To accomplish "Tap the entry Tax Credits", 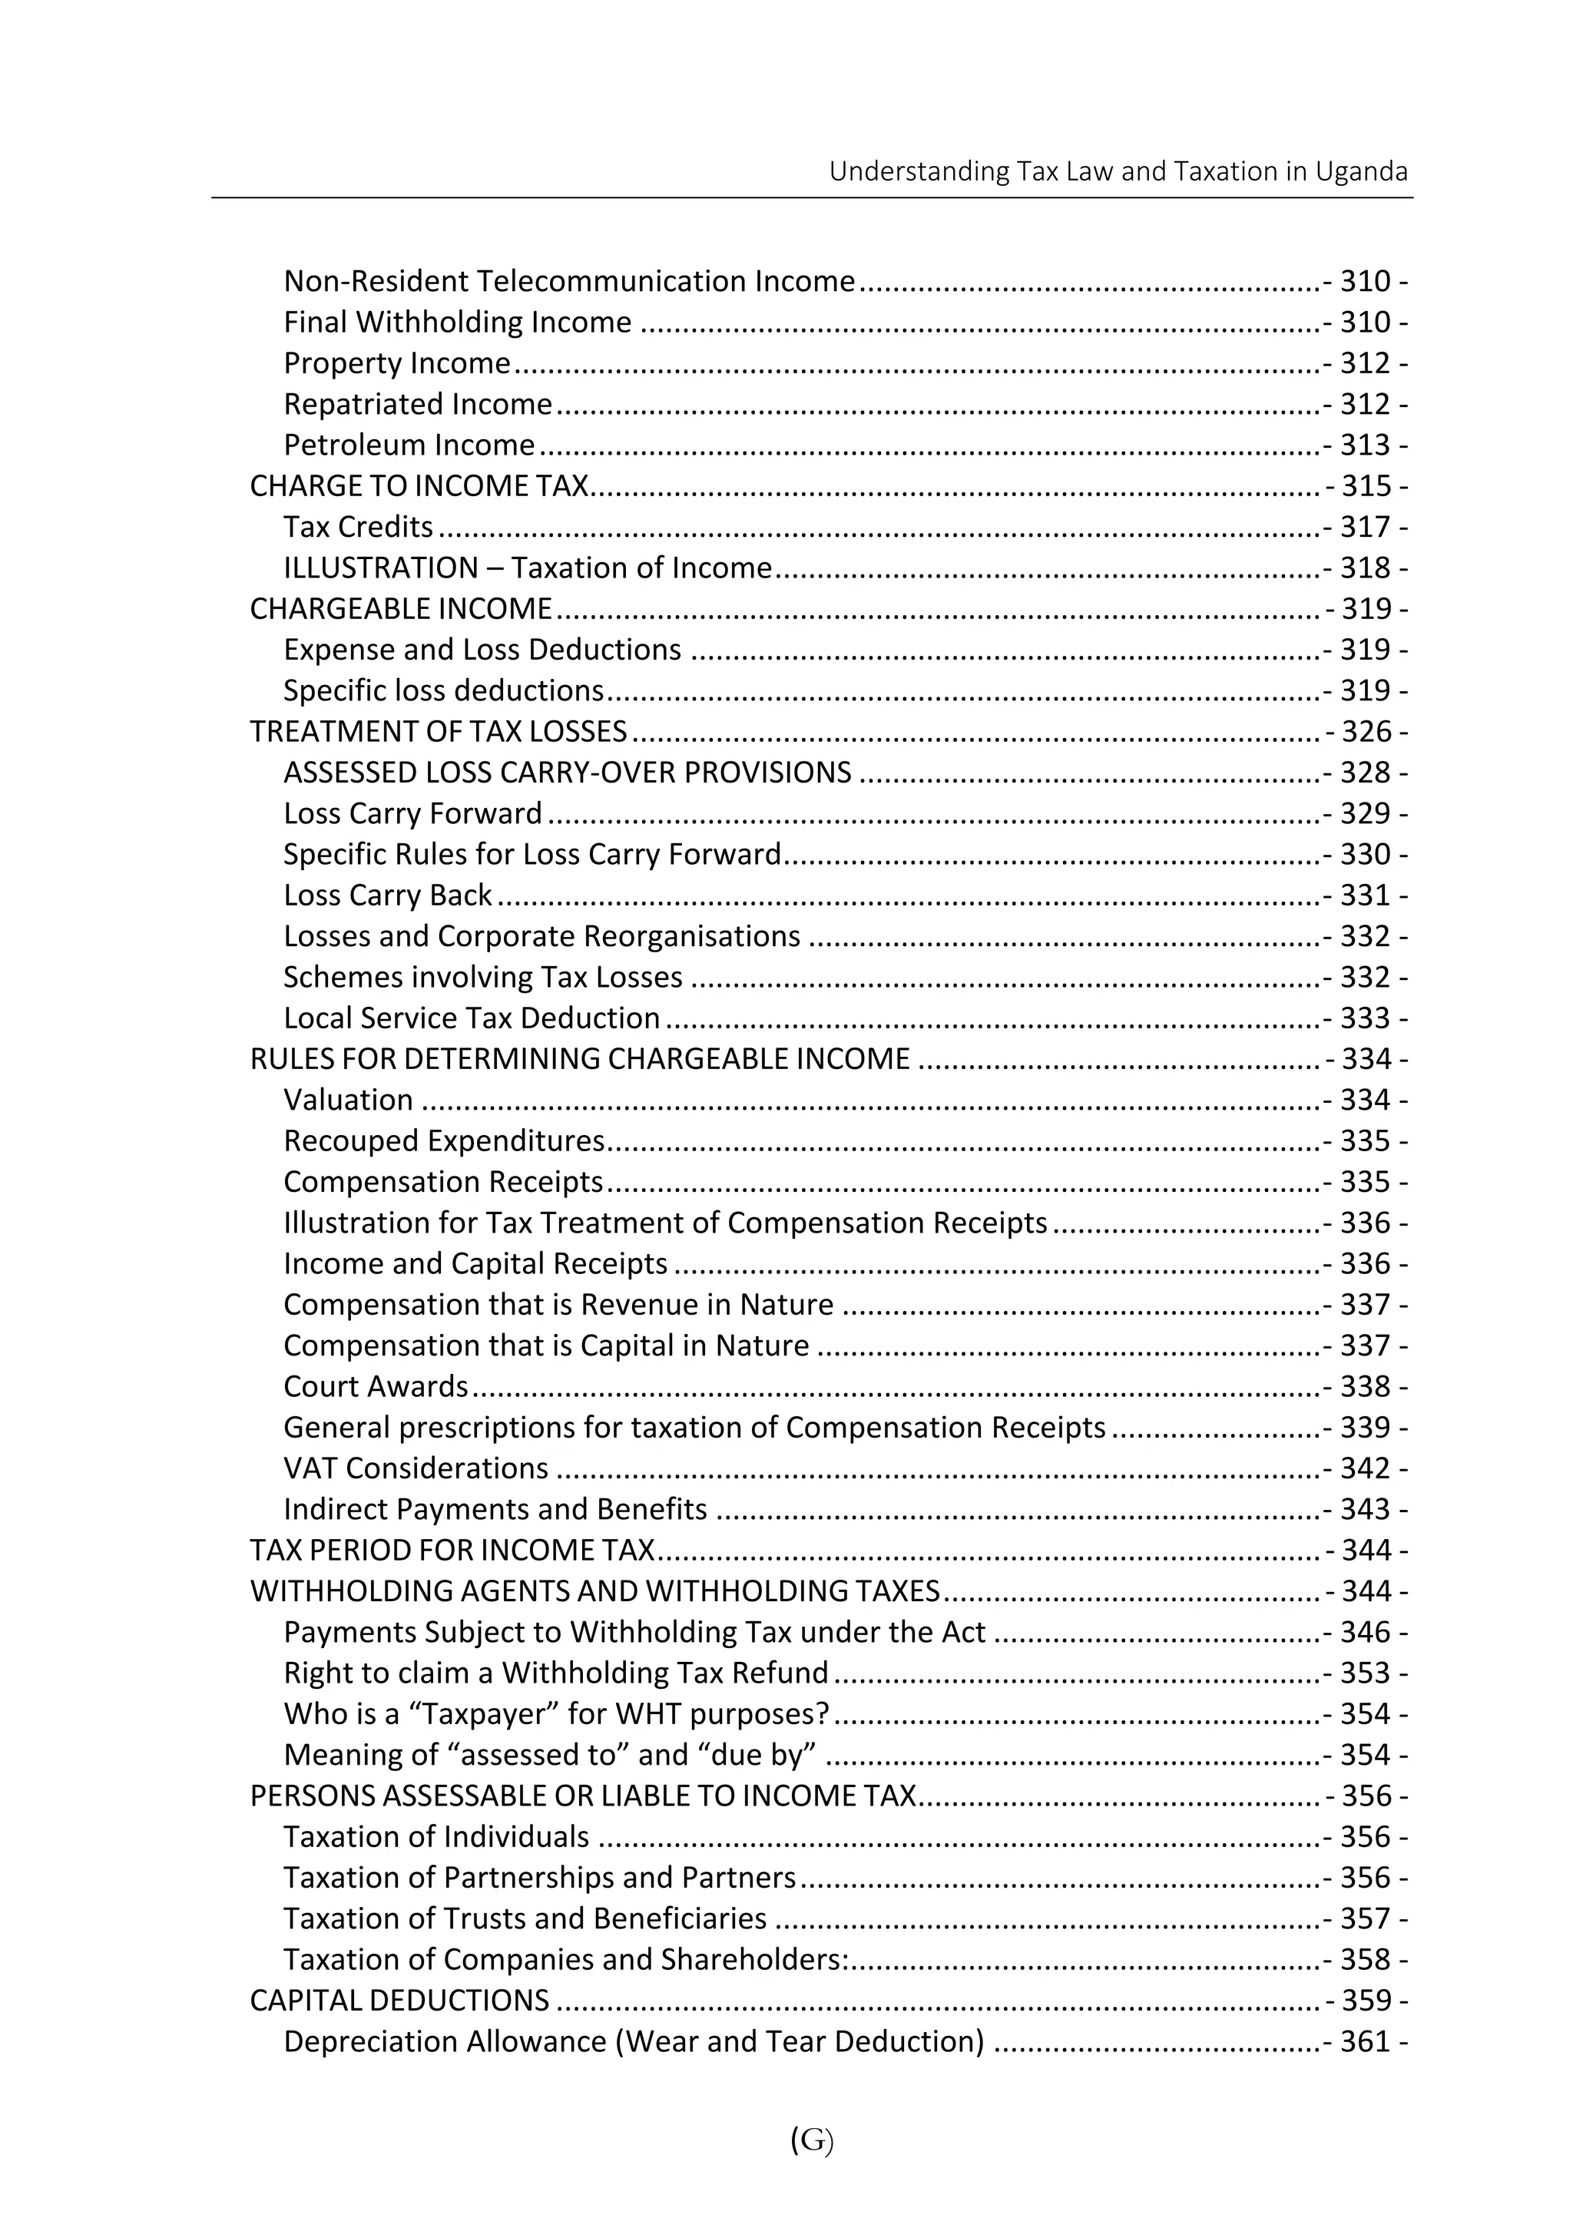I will pos(359,527).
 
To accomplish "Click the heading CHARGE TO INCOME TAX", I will pos(419,486).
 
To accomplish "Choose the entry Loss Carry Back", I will pos(387,895).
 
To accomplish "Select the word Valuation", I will pos(349,1101).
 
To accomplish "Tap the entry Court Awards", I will pos(376,1387).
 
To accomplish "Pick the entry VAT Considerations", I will pos(416,1468).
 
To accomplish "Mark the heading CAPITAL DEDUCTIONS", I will pos(399,2000).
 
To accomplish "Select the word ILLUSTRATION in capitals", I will pos(381,568).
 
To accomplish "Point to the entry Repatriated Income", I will pos(418,404).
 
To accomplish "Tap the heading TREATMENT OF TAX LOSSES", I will pos(438,731).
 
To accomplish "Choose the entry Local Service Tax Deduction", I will pos(472,1018).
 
